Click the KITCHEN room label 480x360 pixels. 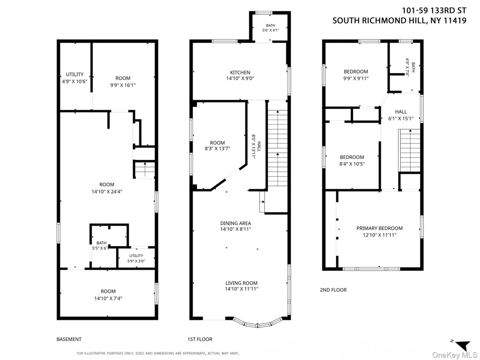point(240,72)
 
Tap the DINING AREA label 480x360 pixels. point(235,223)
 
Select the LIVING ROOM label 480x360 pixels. point(241,283)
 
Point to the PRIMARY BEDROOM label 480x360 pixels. point(379,228)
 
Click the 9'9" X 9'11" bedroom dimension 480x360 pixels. point(356,78)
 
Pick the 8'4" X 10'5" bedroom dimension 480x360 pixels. point(352,164)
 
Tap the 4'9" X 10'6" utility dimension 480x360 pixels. point(75,82)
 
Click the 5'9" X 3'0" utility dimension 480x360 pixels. point(136,261)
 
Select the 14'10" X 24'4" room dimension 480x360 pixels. point(107,192)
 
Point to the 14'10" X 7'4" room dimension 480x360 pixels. point(108,298)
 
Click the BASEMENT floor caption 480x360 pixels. point(69,339)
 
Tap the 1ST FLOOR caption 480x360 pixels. point(200,339)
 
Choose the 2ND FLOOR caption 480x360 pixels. point(334,290)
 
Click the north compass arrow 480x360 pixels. point(463,345)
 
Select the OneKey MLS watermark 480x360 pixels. point(454,355)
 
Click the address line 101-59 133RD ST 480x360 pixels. point(434,11)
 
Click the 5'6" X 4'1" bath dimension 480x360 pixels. point(271,30)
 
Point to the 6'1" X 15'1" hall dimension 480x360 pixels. point(401,119)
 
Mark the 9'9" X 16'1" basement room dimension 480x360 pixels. point(123,85)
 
